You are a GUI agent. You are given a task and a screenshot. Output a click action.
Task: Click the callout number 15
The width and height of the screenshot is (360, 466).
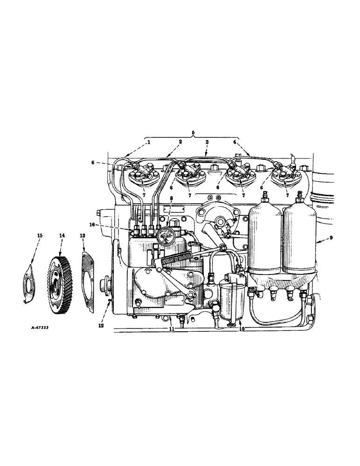(39, 236)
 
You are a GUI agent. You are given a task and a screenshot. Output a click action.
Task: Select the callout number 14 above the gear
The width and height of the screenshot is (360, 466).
(61, 236)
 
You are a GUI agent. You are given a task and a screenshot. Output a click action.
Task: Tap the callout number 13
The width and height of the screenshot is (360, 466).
(82, 236)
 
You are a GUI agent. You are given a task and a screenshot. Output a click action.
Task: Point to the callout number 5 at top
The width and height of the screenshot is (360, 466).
(194, 132)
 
